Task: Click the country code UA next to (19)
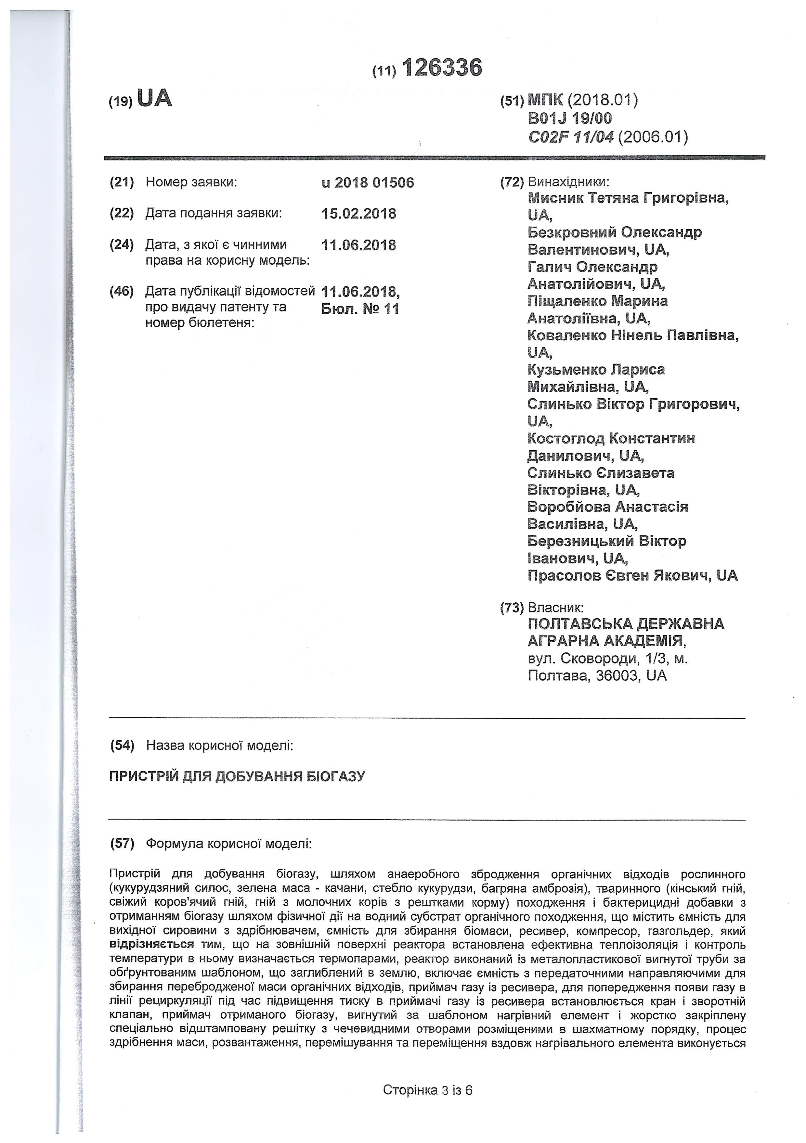tap(154, 99)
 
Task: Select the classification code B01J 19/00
tap(570, 119)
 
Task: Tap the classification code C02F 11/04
tap(571, 136)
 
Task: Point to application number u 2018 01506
tap(368, 183)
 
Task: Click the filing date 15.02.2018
tap(359, 214)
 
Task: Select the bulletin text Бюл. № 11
tap(360, 309)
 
